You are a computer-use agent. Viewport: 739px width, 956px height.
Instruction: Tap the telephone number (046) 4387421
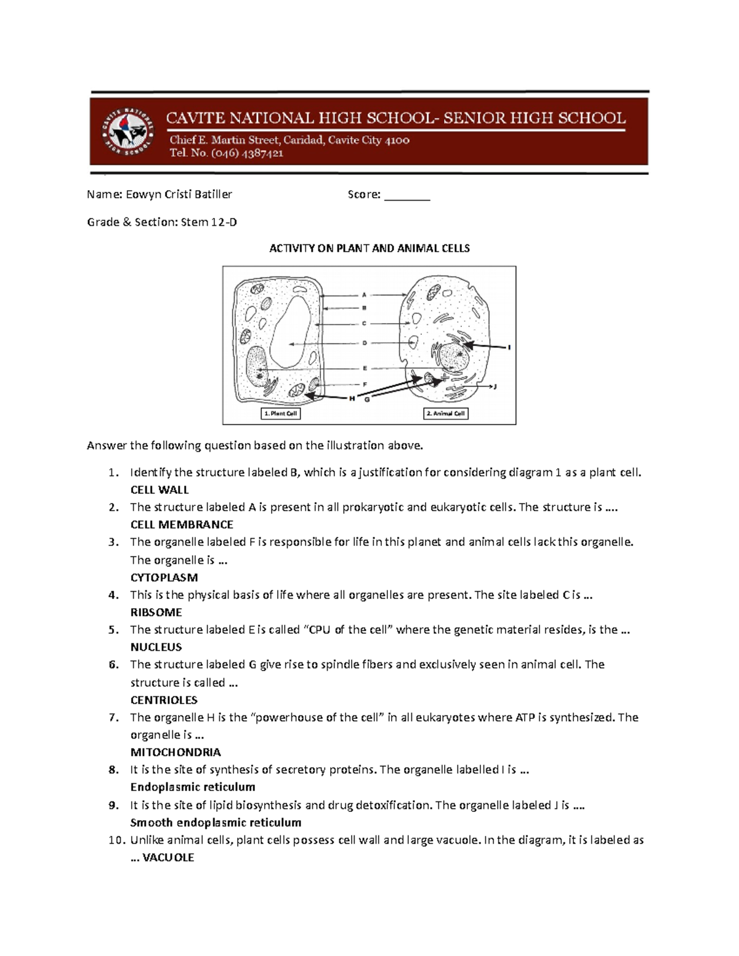(247, 154)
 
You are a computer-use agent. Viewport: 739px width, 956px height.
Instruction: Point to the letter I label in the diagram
(509, 348)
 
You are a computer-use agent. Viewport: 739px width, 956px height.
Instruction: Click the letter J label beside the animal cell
(495, 387)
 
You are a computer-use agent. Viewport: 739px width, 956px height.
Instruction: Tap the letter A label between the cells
(365, 295)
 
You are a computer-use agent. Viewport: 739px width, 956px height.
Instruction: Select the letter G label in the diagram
(367, 400)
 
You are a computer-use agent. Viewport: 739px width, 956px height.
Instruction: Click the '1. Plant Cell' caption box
(281, 414)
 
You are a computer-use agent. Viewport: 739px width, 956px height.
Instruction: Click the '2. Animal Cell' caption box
(446, 414)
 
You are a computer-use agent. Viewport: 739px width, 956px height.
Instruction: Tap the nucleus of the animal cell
(453, 358)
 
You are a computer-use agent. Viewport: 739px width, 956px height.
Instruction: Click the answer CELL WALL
(160, 490)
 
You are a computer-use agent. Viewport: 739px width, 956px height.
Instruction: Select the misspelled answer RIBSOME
(156, 613)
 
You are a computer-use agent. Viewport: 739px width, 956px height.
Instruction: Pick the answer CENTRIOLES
(164, 700)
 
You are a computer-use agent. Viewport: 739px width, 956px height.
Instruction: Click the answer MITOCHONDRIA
(176, 752)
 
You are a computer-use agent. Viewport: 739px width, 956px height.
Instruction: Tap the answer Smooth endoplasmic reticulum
(216, 822)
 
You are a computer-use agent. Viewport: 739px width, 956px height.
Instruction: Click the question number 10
(115, 840)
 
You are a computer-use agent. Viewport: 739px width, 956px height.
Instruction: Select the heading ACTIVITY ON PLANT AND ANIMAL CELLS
(369, 249)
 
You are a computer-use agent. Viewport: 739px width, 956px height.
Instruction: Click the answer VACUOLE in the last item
(168, 858)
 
